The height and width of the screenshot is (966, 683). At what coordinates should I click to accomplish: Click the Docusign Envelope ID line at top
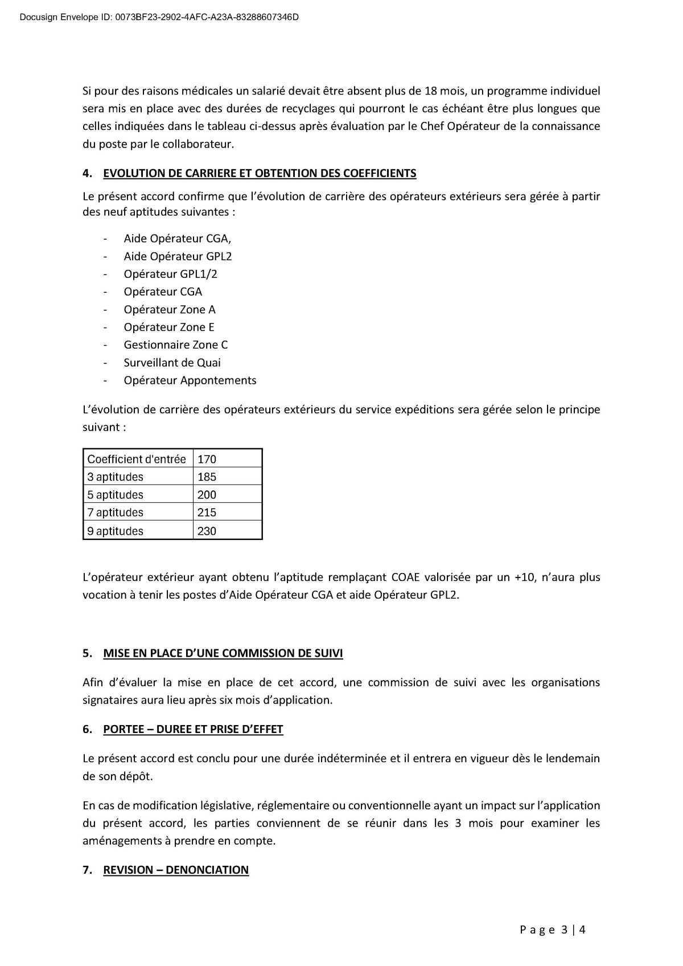(x=159, y=17)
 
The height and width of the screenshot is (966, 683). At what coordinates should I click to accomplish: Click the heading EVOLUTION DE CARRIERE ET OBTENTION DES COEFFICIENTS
(x=260, y=173)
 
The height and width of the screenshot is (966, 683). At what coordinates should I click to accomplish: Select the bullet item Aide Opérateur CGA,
(x=178, y=239)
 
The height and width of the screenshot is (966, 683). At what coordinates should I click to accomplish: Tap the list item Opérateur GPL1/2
(x=170, y=274)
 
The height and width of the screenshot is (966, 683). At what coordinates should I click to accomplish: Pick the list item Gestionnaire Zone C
(x=175, y=345)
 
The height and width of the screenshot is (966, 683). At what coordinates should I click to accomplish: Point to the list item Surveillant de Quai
(x=172, y=362)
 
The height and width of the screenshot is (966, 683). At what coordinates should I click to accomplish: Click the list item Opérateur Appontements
(x=190, y=380)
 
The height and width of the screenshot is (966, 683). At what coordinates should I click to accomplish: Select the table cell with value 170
(x=207, y=459)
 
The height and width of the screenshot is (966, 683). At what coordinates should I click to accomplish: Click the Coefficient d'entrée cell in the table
(x=137, y=459)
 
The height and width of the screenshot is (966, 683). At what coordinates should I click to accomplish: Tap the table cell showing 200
(x=207, y=494)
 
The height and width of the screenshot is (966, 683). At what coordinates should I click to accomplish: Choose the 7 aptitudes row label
(x=116, y=512)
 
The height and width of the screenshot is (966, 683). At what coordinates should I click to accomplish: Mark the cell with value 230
(x=207, y=531)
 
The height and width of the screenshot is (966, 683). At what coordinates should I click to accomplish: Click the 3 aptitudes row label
(x=116, y=477)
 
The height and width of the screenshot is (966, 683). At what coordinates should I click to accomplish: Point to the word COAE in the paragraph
(x=405, y=577)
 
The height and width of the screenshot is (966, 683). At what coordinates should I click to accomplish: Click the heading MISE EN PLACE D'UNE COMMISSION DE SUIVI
(x=223, y=653)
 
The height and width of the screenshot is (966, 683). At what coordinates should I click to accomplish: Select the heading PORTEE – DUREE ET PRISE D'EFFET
(x=193, y=729)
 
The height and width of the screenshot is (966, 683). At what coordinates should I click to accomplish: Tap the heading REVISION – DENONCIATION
(x=176, y=870)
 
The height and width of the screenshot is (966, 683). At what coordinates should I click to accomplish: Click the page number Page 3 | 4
(x=552, y=930)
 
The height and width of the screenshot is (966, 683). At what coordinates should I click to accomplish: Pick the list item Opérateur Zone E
(x=169, y=327)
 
